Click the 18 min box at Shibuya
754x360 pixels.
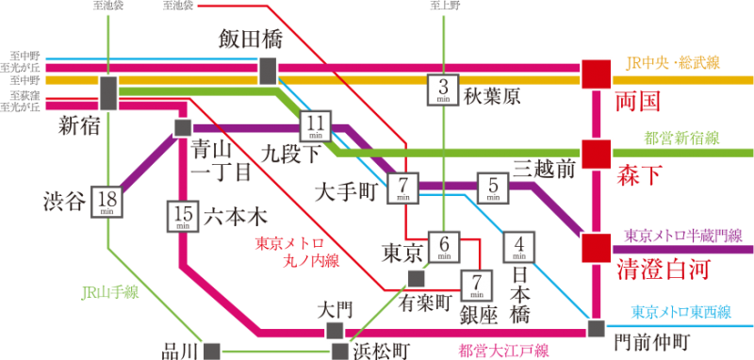108,203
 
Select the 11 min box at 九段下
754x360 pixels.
316,125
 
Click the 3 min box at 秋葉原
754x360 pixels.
443,90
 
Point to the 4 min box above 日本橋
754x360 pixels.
518,246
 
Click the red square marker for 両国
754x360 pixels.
596,74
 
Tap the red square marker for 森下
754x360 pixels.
596,153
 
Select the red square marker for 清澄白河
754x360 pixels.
596,247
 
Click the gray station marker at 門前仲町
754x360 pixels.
596,328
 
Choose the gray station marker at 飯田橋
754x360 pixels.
269,71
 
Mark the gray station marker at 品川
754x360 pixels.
212,350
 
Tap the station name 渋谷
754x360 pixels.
64,201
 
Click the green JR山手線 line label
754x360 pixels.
109,292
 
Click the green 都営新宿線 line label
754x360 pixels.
680,138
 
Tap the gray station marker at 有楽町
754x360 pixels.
416,277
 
